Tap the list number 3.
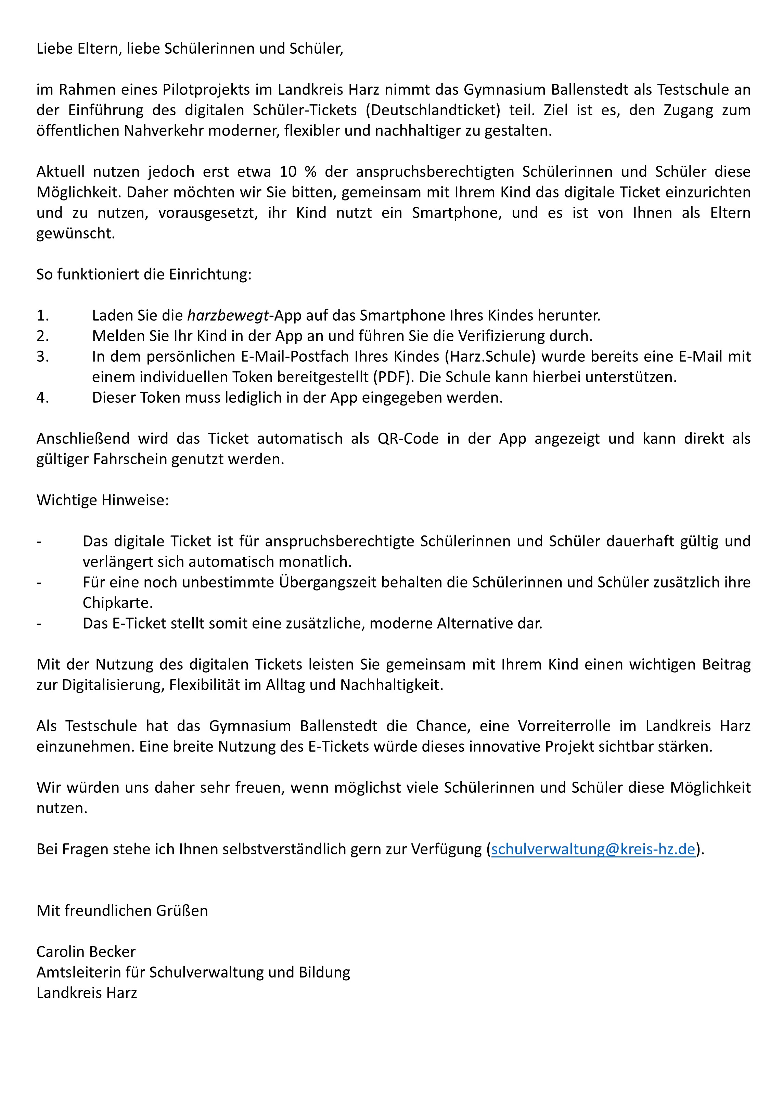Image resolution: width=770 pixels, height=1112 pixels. tap(42, 357)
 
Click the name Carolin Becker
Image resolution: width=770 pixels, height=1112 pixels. tap(86, 952)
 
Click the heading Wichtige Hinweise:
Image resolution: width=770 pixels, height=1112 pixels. tap(103, 500)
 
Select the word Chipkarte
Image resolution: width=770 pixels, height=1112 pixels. tap(118, 603)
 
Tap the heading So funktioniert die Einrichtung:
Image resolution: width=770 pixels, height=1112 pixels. tap(144, 274)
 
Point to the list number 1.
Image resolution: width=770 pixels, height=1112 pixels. tap(42, 315)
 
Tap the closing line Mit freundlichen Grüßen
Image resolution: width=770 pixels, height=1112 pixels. tap(122, 910)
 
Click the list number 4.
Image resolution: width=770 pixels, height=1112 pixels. tap(42, 397)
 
